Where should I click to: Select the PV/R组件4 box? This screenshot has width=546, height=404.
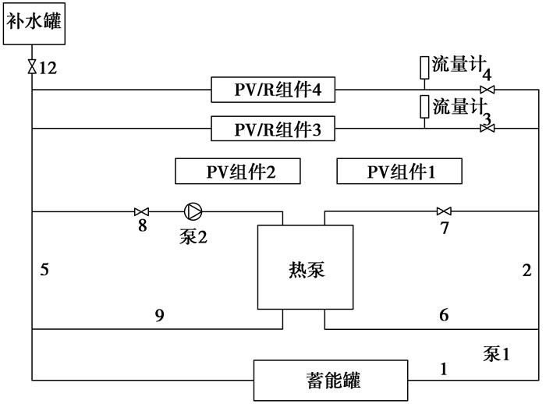[273, 90]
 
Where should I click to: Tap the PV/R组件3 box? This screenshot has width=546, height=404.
[273, 129]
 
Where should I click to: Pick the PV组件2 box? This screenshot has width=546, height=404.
[237, 172]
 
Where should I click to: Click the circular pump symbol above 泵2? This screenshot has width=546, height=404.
[192, 211]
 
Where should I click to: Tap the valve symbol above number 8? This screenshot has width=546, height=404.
[142, 211]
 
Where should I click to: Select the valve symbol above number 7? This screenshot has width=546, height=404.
[444, 211]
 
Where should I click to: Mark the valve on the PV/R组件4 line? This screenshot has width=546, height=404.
[487, 90]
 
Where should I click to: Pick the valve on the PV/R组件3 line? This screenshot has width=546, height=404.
[487, 129]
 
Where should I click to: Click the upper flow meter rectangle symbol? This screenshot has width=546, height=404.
[424, 68]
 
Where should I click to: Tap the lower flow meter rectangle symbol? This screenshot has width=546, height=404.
[424, 105]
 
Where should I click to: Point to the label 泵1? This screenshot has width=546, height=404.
[495, 354]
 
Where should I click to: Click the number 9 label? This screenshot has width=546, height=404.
[159, 315]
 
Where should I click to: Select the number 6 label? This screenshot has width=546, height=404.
[444, 315]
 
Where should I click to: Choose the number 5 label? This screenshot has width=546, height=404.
[45, 271]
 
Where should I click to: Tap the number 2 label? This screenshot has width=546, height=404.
[526, 271]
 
